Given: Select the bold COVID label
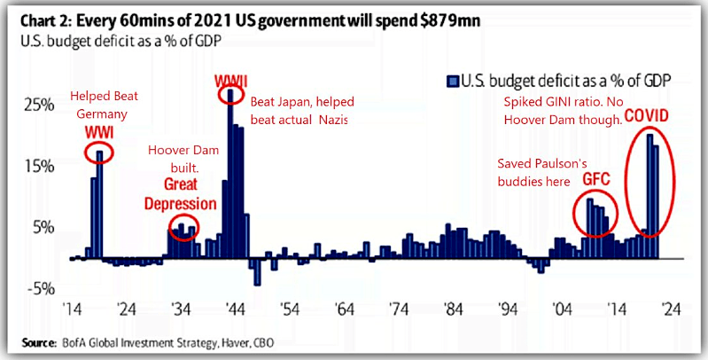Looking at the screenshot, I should coord(647,115).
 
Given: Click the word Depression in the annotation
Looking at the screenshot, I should coord(182,203).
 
